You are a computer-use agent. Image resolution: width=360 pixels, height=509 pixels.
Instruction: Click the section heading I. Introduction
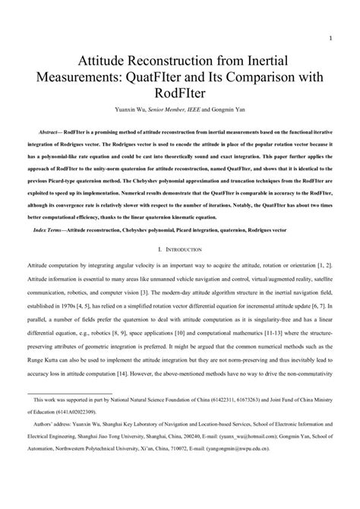(x=180, y=248)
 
